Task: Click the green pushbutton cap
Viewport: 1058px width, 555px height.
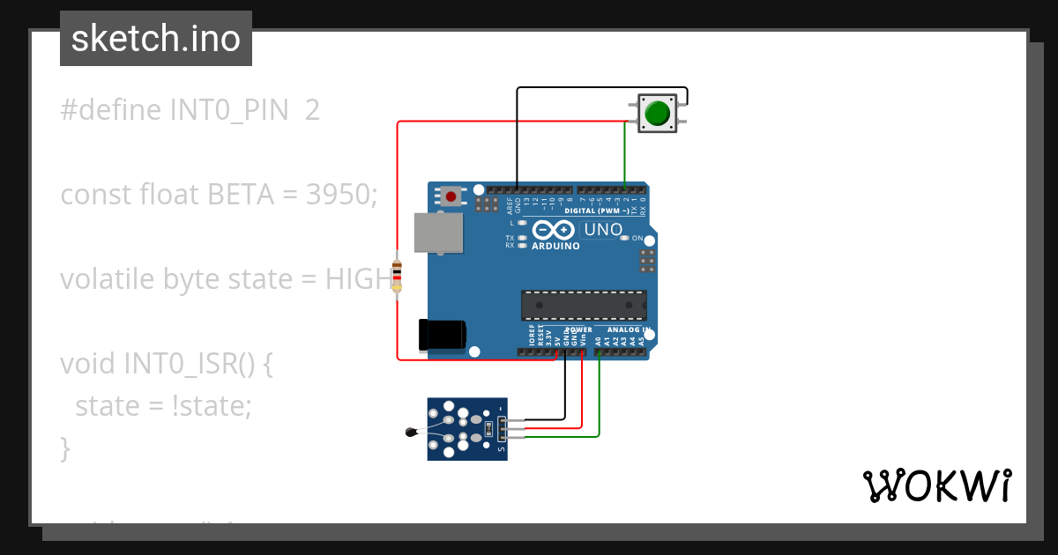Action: [x=656, y=114]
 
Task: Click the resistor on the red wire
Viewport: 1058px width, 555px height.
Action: [x=397, y=275]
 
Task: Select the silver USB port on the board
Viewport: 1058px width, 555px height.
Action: [x=439, y=232]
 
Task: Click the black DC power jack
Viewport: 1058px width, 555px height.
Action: [x=443, y=334]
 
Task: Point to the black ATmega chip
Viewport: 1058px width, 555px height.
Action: [x=584, y=305]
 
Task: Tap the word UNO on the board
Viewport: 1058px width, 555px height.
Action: [x=604, y=231]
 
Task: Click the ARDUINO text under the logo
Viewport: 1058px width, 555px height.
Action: [x=555, y=247]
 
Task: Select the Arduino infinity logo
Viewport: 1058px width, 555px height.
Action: [x=554, y=231]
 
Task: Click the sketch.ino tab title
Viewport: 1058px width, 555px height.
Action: [x=156, y=39]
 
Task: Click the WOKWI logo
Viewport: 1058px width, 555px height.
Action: [x=936, y=485]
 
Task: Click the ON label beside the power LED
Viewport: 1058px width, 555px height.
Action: [x=637, y=238]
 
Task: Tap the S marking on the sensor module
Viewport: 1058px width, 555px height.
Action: [x=502, y=450]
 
